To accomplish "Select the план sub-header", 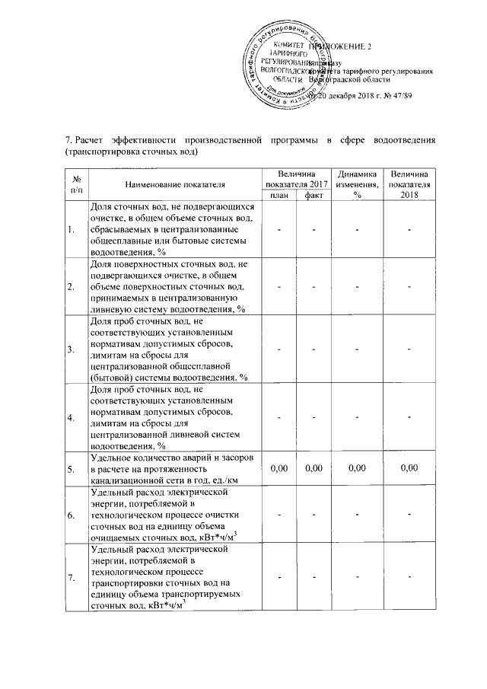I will tap(279, 196).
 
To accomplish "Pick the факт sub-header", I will tap(313, 196).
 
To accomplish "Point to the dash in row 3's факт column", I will tap(313, 349).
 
